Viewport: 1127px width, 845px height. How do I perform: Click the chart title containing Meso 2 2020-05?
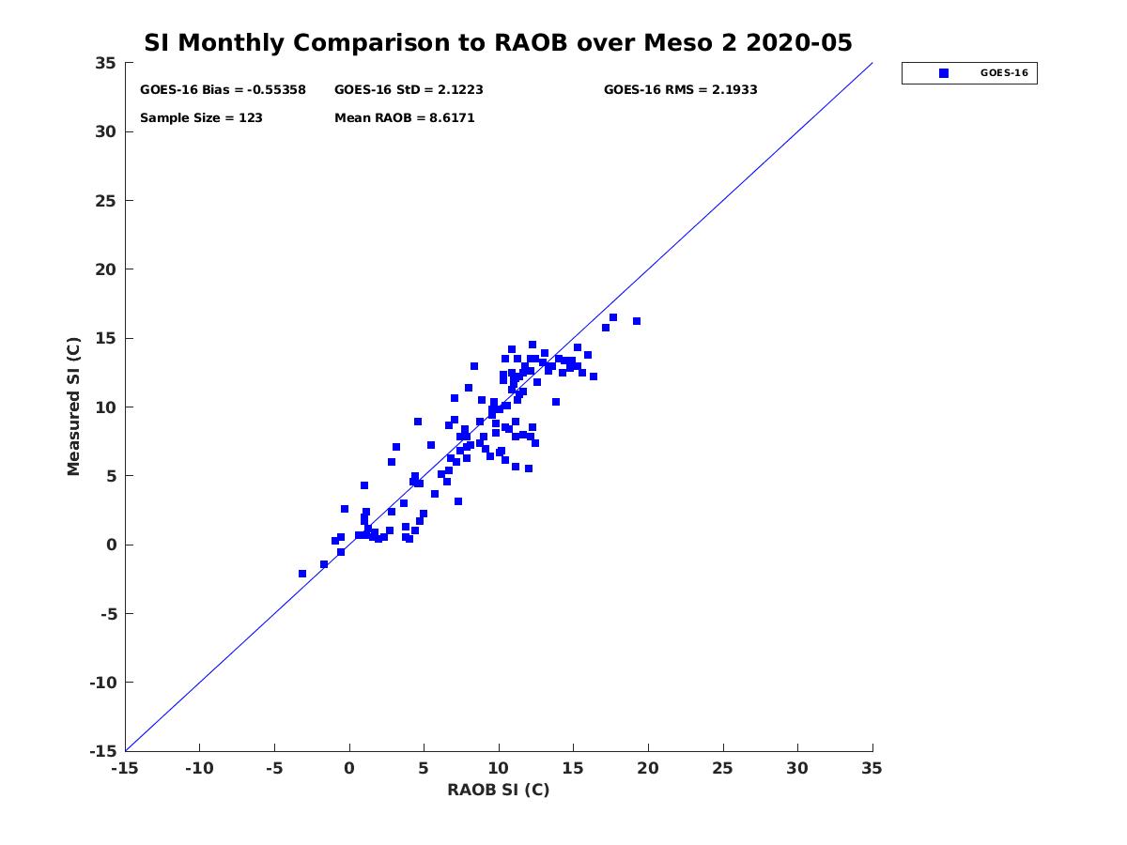(498, 43)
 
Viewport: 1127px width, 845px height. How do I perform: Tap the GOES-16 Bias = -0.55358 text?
(223, 90)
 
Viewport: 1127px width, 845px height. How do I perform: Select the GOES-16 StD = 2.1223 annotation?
(409, 90)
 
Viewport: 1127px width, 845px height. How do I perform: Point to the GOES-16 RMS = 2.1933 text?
(680, 90)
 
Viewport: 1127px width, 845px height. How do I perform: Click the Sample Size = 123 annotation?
(201, 118)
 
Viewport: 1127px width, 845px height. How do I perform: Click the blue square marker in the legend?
(944, 73)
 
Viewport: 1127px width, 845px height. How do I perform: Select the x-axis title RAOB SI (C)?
(498, 790)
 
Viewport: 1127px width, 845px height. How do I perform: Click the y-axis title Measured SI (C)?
(74, 407)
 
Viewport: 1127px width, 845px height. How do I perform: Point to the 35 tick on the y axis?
(106, 63)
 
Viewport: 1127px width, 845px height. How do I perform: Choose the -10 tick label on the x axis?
(199, 768)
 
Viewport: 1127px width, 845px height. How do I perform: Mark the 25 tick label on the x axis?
(723, 768)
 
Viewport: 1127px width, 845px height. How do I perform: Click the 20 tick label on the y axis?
(106, 269)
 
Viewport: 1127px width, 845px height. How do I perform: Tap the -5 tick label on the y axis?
(106, 613)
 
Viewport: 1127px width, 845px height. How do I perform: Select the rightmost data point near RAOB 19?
(637, 321)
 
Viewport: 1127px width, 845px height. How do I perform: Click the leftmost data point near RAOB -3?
(302, 574)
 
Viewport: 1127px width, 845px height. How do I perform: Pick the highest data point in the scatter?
(613, 317)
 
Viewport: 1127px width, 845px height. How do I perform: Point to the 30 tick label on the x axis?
(797, 768)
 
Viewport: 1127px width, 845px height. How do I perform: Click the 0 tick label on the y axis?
(111, 545)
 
